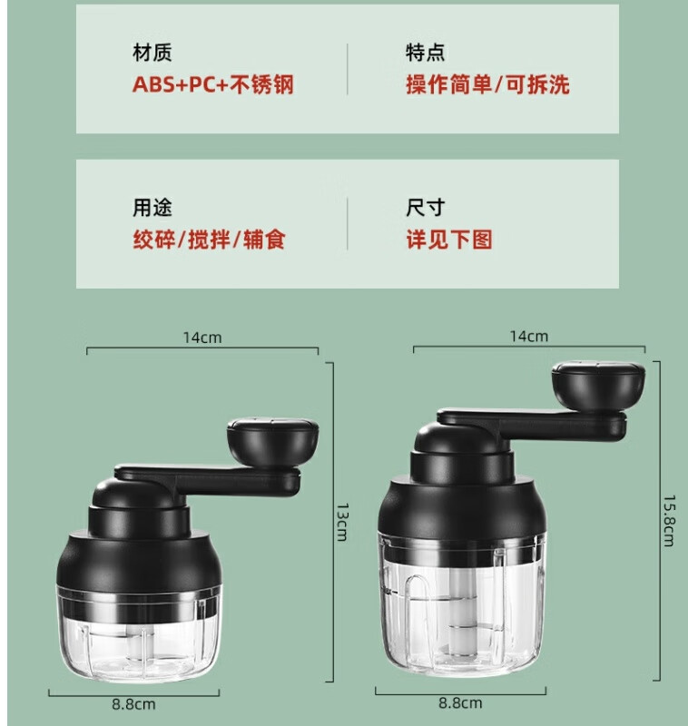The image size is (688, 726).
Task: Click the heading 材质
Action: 152,53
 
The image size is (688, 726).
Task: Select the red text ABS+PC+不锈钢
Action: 213,84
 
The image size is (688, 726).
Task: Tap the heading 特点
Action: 425,53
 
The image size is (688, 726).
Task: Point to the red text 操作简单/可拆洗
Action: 487,84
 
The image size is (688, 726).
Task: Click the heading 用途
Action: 152,208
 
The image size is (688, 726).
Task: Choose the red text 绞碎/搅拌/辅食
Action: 210,240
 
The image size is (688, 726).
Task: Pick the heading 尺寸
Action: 425,208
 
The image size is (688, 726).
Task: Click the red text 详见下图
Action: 449,240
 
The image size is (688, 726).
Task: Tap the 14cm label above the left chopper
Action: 202,338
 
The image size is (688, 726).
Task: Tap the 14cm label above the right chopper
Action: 529,336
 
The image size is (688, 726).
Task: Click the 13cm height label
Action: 342,522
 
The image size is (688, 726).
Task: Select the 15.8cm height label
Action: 670,520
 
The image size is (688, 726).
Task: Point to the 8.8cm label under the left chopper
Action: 133,705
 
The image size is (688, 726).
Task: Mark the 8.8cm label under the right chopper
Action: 460,702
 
